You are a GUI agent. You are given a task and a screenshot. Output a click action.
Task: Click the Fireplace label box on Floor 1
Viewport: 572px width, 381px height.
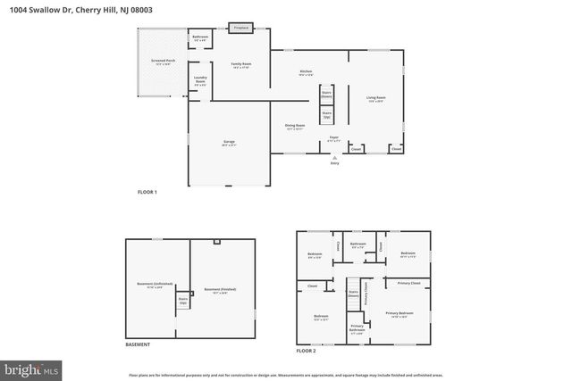click(x=240, y=28)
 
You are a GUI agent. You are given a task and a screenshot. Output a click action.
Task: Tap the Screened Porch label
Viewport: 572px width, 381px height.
click(x=163, y=63)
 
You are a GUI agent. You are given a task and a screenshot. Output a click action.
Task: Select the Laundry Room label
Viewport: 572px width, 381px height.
click(x=201, y=82)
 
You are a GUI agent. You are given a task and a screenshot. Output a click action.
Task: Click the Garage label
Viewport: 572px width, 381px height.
click(x=229, y=143)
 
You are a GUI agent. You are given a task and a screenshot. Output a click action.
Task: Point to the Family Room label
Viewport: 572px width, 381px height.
click(x=241, y=65)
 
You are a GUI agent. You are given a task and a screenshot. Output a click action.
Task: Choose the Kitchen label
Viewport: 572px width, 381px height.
click(x=305, y=72)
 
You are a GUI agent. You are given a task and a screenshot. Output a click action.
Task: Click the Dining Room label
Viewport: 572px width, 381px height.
click(x=295, y=127)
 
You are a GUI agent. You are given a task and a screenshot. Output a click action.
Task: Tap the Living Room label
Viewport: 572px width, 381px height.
click(x=375, y=98)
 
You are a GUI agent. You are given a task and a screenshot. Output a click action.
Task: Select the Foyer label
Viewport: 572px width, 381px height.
click(x=333, y=139)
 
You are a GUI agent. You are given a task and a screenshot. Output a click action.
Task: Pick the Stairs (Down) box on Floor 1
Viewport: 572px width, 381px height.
click(x=326, y=95)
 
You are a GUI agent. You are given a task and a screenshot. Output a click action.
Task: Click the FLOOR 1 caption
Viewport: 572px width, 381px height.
click(x=147, y=192)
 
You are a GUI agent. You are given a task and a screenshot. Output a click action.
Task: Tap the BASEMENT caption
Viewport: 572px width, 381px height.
click(x=138, y=344)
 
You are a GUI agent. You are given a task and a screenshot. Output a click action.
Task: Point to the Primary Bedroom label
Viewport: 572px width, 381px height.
click(x=399, y=315)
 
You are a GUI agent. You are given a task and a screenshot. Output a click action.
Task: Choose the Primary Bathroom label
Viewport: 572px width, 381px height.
click(x=357, y=328)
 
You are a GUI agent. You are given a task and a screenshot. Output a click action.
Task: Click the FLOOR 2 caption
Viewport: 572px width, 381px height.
click(x=307, y=351)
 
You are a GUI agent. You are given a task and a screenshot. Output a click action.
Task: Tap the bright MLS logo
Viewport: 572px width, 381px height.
click(x=30, y=367)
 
